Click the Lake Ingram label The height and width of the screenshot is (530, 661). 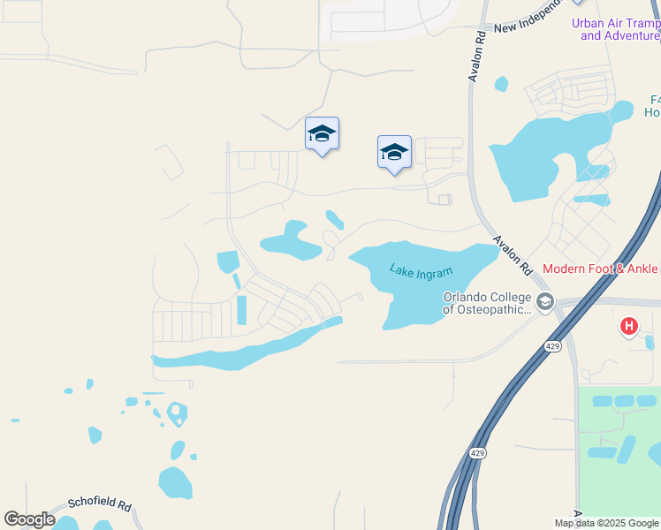pyautogui.click(x=421, y=271)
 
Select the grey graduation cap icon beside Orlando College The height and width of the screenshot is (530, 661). pyautogui.click(x=544, y=302)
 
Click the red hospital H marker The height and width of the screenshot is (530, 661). pyautogui.click(x=628, y=327)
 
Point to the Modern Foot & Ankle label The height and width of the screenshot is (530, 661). pyautogui.click(x=600, y=269)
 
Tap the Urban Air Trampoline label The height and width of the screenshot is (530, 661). pyautogui.click(x=615, y=24)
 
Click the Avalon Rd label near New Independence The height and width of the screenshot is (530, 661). pyautogui.click(x=475, y=58)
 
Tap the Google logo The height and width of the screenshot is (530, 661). pyautogui.click(x=29, y=519)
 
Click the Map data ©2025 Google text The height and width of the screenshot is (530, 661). pyautogui.click(x=606, y=523)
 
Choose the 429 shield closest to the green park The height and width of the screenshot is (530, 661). pyautogui.click(x=477, y=453)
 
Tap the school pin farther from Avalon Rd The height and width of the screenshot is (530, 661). pyautogui.click(x=322, y=133)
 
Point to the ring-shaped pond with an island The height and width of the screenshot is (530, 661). pyautogui.click(x=177, y=412)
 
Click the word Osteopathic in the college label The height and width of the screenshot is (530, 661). pyautogui.click(x=496, y=309)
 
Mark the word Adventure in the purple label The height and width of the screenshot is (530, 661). pyautogui.click(x=630, y=35)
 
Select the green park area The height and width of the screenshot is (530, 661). pyautogui.click(x=619, y=459)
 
